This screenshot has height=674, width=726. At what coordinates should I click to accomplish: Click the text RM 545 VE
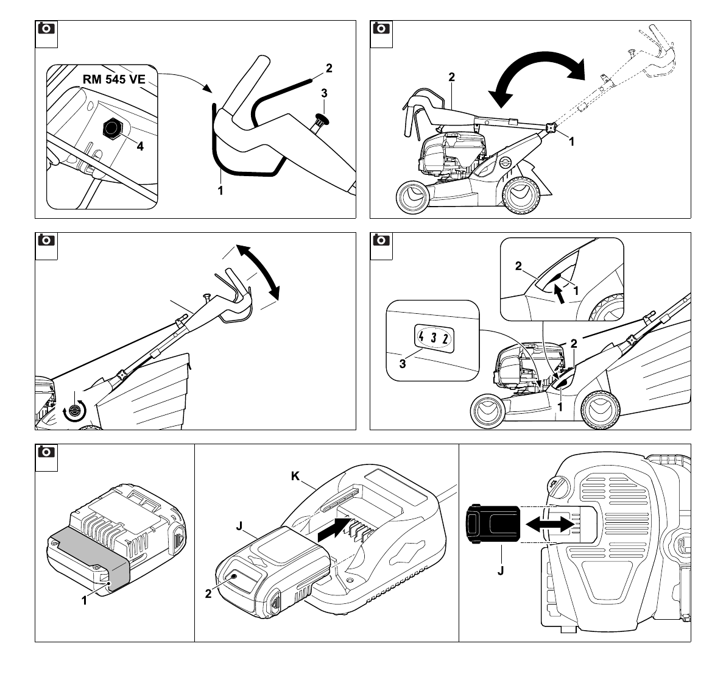click(x=114, y=80)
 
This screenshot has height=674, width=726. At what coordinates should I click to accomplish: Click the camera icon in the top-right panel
click(x=381, y=29)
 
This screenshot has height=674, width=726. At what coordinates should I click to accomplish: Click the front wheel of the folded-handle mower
click(x=412, y=197)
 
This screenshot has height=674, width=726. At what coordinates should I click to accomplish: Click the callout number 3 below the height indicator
click(x=403, y=364)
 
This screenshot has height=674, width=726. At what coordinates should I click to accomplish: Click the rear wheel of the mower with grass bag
click(x=600, y=410)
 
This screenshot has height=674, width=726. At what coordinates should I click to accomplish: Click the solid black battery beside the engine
click(x=493, y=524)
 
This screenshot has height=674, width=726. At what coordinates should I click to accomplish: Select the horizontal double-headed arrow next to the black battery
click(x=549, y=524)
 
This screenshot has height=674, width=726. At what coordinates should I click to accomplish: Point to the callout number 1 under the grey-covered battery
click(x=84, y=601)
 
